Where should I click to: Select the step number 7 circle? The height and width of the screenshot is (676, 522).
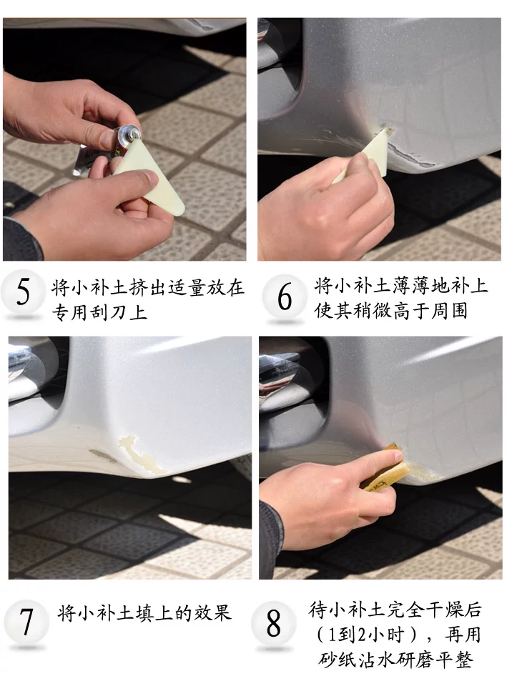(26, 621)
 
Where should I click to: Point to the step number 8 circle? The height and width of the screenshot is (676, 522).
(273, 623)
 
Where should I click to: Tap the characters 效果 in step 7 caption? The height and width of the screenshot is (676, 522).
(213, 612)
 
